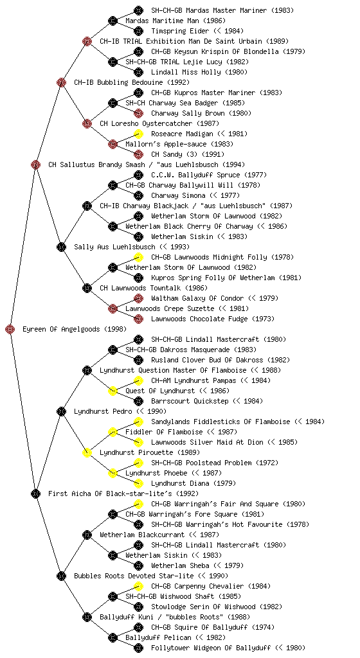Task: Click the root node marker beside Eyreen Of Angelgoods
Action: click(10, 329)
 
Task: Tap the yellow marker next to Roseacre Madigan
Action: click(138, 134)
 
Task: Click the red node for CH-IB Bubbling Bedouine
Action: click(61, 82)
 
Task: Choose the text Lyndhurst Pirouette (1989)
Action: click(150, 452)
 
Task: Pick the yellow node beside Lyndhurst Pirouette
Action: click(87, 452)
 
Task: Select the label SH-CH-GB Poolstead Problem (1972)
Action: click(215, 463)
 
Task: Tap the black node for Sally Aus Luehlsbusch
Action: click(61, 247)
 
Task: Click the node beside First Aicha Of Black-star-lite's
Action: click(35, 493)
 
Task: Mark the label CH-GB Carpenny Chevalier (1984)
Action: click(211, 586)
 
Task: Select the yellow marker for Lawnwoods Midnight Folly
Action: click(138, 257)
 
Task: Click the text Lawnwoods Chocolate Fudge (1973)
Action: click(213, 319)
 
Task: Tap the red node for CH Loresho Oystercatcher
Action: click(87, 123)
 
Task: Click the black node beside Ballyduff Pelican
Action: click(113, 638)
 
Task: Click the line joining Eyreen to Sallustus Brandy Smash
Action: click(23, 247)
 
